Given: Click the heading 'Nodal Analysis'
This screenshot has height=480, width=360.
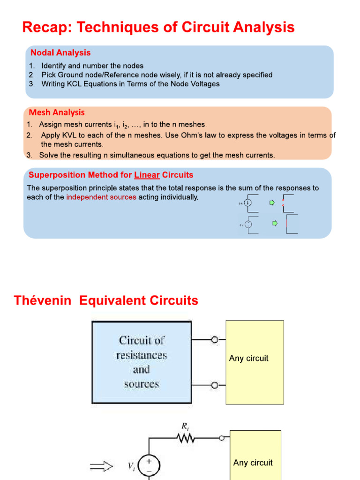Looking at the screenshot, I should click(x=60, y=53).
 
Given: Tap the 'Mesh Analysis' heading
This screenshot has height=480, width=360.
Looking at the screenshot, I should click(x=57, y=112).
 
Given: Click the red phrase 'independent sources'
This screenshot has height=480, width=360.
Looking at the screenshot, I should click(x=101, y=197).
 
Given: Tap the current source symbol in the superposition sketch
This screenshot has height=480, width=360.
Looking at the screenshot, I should click(x=248, y=203).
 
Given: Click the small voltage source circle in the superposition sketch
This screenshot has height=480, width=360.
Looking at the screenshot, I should click(x=248, y=224).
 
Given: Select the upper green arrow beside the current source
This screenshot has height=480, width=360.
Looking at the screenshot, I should click(x=271, y=203).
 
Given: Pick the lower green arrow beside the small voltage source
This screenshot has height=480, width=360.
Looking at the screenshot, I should click(x=275, y=224).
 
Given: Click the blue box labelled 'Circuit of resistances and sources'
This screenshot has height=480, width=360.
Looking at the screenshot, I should click(x=142, y=362).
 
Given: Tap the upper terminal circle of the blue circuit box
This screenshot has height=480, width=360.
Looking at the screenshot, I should click(x=214, y=340).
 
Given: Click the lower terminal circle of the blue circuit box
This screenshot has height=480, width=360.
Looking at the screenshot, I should click(x=214, y=385).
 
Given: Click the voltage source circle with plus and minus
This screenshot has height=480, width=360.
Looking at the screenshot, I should click(x=150, y=465).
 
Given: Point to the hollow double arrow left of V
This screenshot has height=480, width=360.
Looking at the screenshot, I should click(x=101, y=466).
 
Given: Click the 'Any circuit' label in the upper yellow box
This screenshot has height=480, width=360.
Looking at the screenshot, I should click(x=248, y=359).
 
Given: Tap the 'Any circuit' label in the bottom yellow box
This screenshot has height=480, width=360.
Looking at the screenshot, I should click(x=253, y=463).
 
